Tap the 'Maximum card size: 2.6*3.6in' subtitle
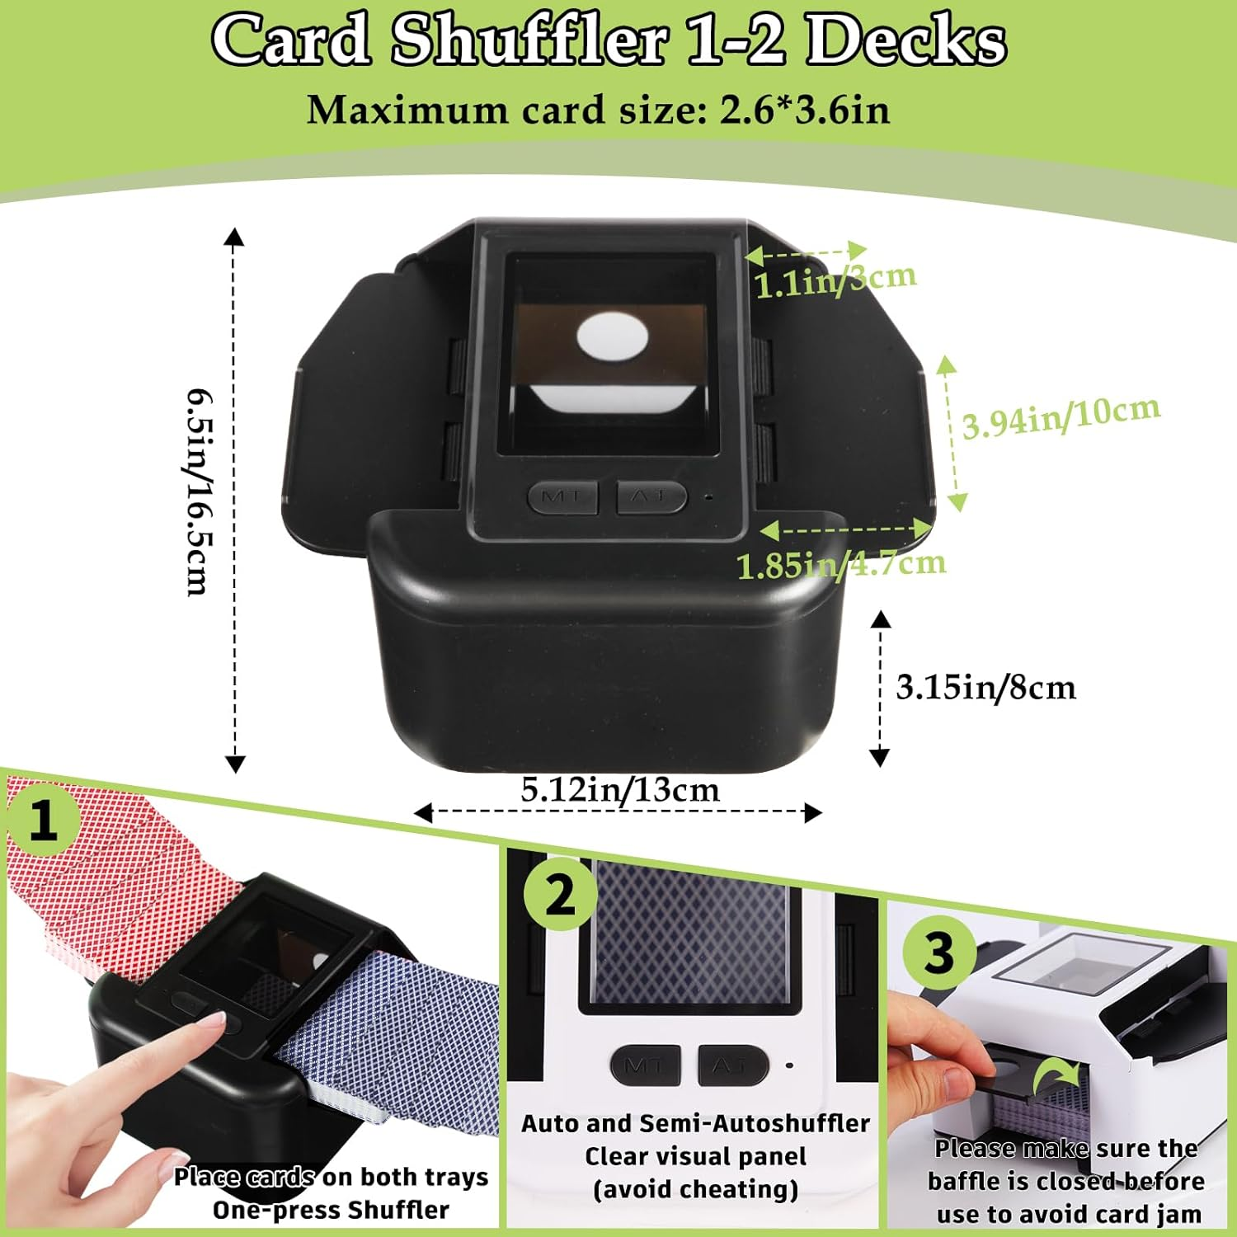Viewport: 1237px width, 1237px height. [598, 111]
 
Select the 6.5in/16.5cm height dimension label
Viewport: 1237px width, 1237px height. [196, 492]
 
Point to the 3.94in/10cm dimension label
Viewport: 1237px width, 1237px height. [1061, 416]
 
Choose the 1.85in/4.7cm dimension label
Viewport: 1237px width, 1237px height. [840, 565]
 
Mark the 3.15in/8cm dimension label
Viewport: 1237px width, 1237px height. [985, 687]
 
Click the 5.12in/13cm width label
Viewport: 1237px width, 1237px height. [620, 790]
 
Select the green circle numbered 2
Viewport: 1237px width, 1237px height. [560, 895]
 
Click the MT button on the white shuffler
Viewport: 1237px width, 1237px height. [645, 1065]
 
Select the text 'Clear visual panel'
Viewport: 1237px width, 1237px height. [695, 1157]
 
